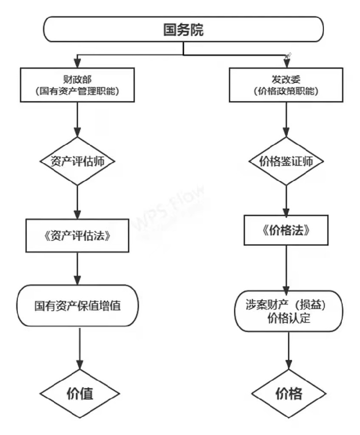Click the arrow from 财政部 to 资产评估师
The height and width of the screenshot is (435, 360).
tap(77, 120)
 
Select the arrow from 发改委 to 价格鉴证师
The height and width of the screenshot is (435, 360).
tap(286, 120)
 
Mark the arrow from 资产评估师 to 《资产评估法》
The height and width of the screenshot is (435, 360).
tap(77, 202)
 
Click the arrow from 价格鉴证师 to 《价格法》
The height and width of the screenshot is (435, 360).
tap(286, 200)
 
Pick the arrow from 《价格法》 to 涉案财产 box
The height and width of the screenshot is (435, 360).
tap(286, 268)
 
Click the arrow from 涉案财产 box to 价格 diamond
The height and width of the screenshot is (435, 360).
tap(288, 351)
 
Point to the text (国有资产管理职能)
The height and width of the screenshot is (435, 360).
tap(77, 91)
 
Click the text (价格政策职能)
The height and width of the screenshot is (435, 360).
tap(286, 91)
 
